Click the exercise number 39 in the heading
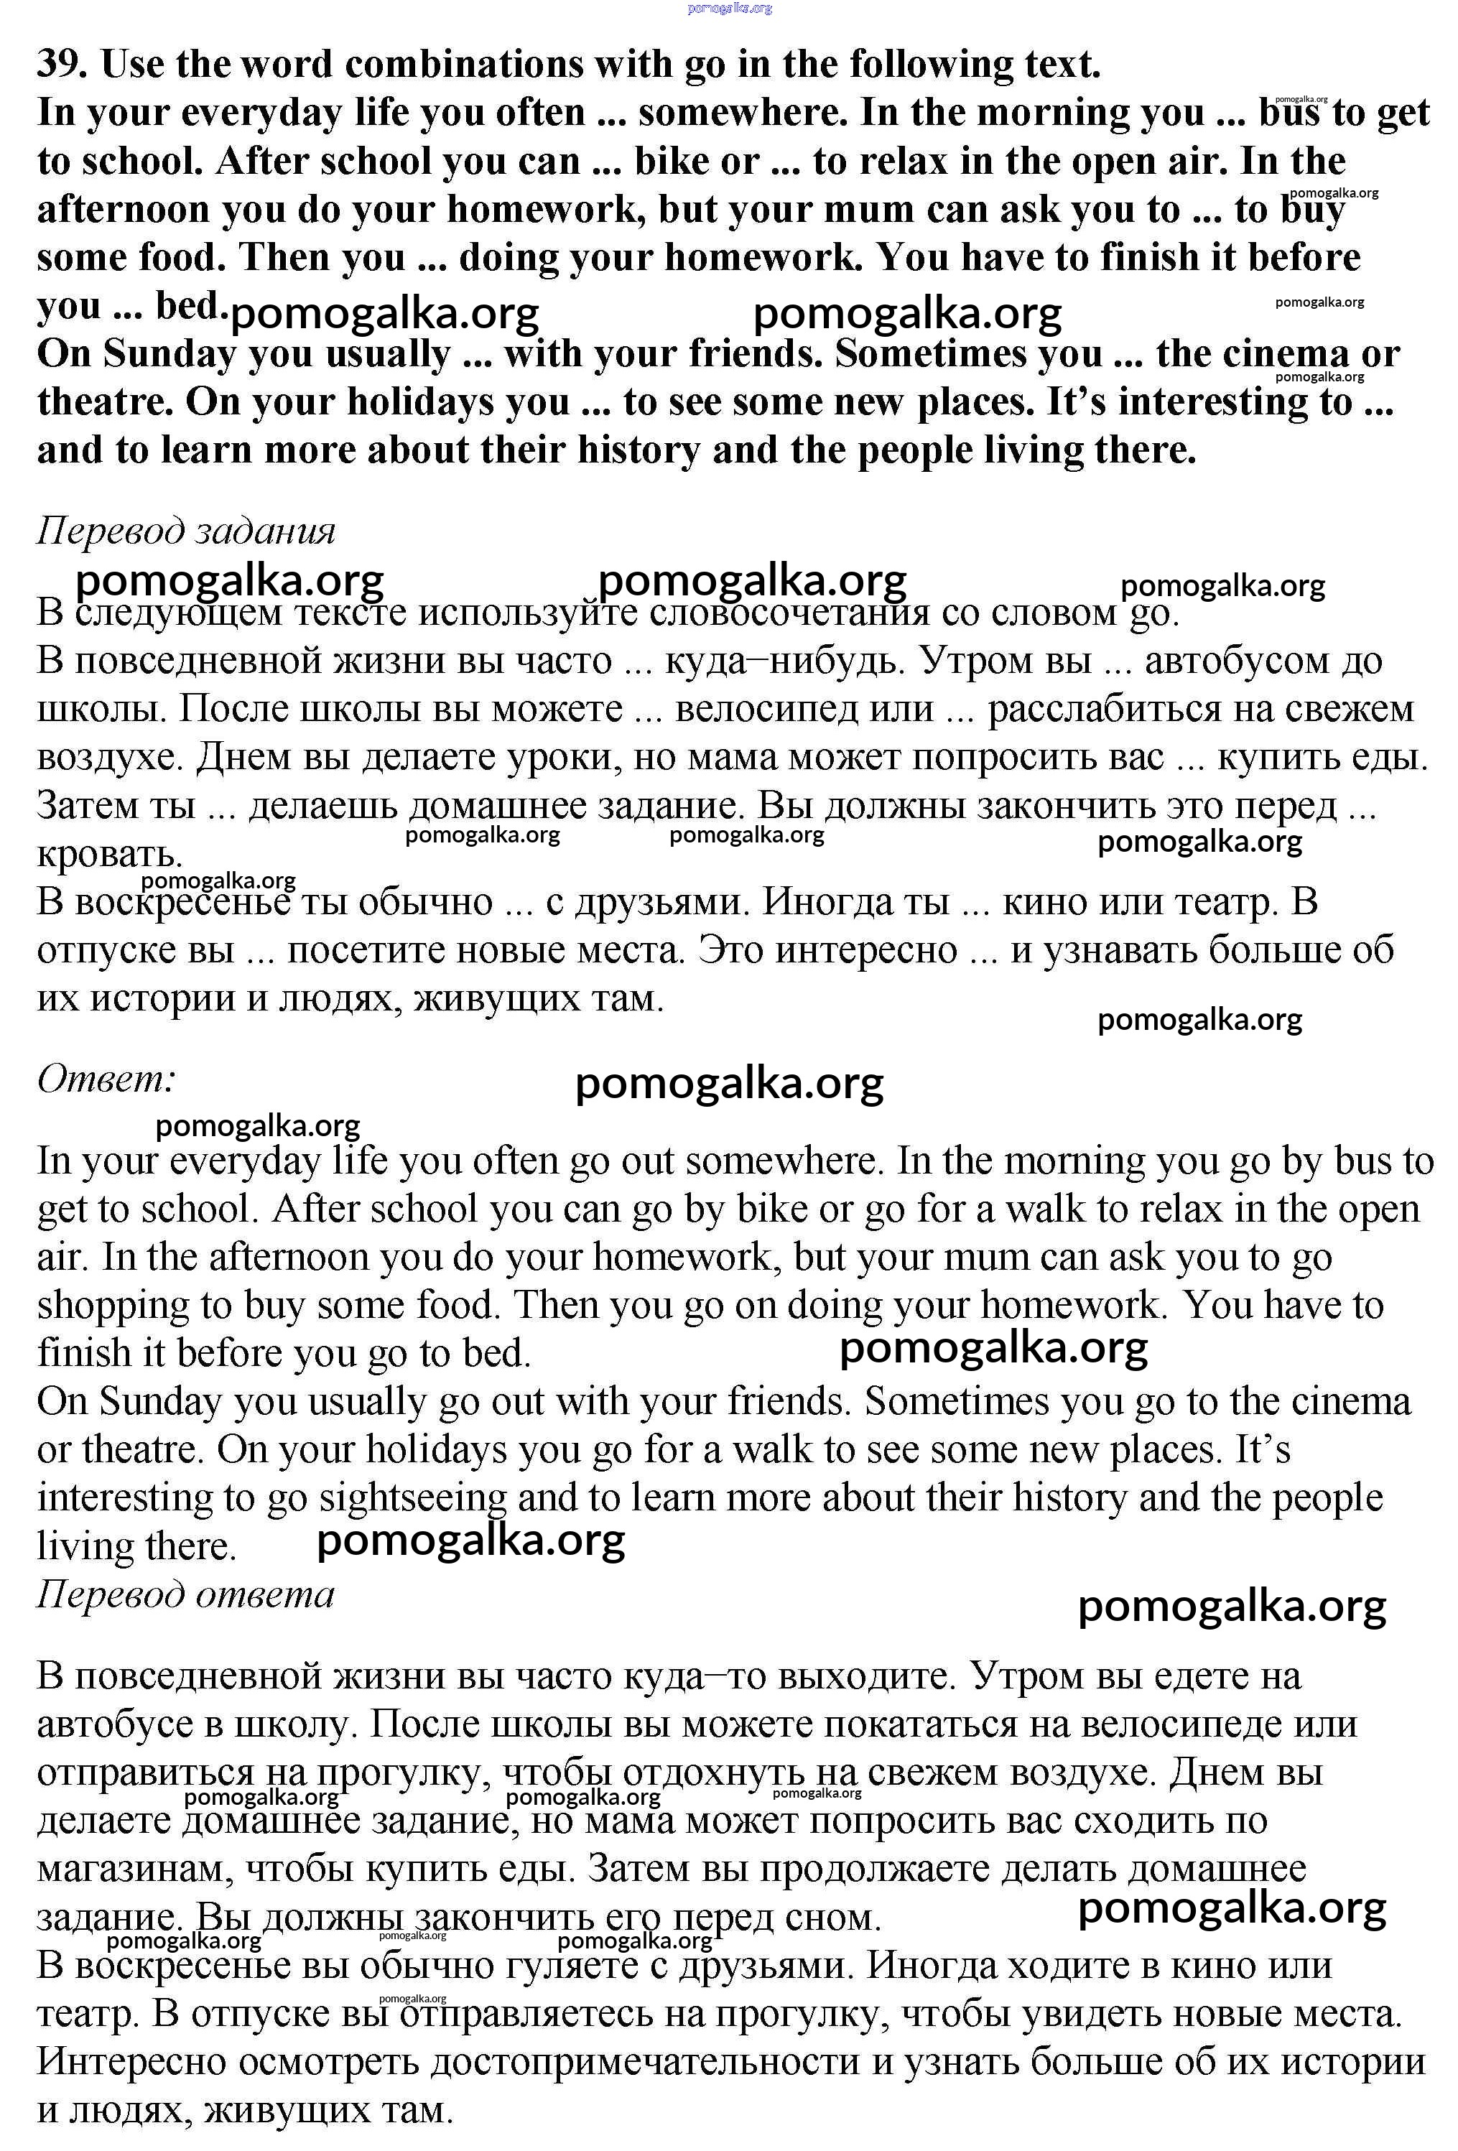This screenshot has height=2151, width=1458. tap(61, 65)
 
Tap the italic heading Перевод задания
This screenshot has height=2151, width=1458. tap(185, 531)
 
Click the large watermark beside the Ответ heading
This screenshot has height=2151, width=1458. tap(730, 1083)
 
